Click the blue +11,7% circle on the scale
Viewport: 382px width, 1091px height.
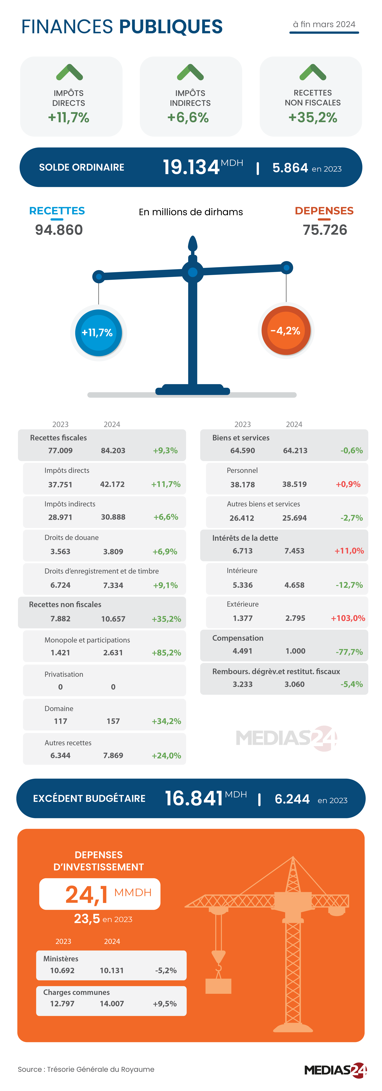pyautogui.click(x=98, y=332)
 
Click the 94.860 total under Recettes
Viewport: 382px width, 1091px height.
pyautogui.click(x=59, y=230)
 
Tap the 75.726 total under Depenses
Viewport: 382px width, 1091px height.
pyautogui.click(x=325, y=230)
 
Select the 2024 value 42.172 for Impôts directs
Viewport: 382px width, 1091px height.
pyautogui.click(x=112, y=484)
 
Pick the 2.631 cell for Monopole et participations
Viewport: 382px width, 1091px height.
pyautogui.click(x=113, y=653)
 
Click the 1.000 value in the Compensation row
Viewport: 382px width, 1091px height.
pyautogui.click(x=295, y=651)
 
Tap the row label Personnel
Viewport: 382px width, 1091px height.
pyautogui.click(x=242, y=470)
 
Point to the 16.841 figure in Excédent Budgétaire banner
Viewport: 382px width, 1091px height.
pyautogui.click(x=194, y=798)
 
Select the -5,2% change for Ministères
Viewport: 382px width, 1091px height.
pyautogui.click(x=166, y=970)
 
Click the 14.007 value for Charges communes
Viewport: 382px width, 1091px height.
pyautogui.click(x=112, y=1004)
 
